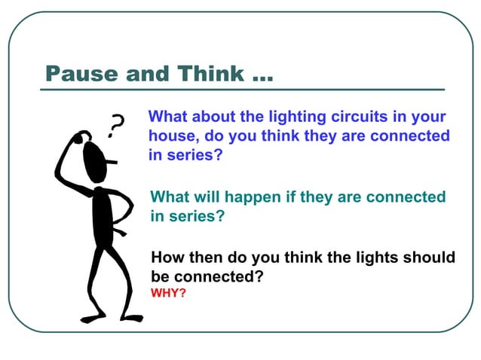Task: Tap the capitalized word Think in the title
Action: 212,74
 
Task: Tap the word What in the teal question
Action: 170,197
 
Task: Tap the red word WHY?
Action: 168,292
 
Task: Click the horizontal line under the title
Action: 241,90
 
